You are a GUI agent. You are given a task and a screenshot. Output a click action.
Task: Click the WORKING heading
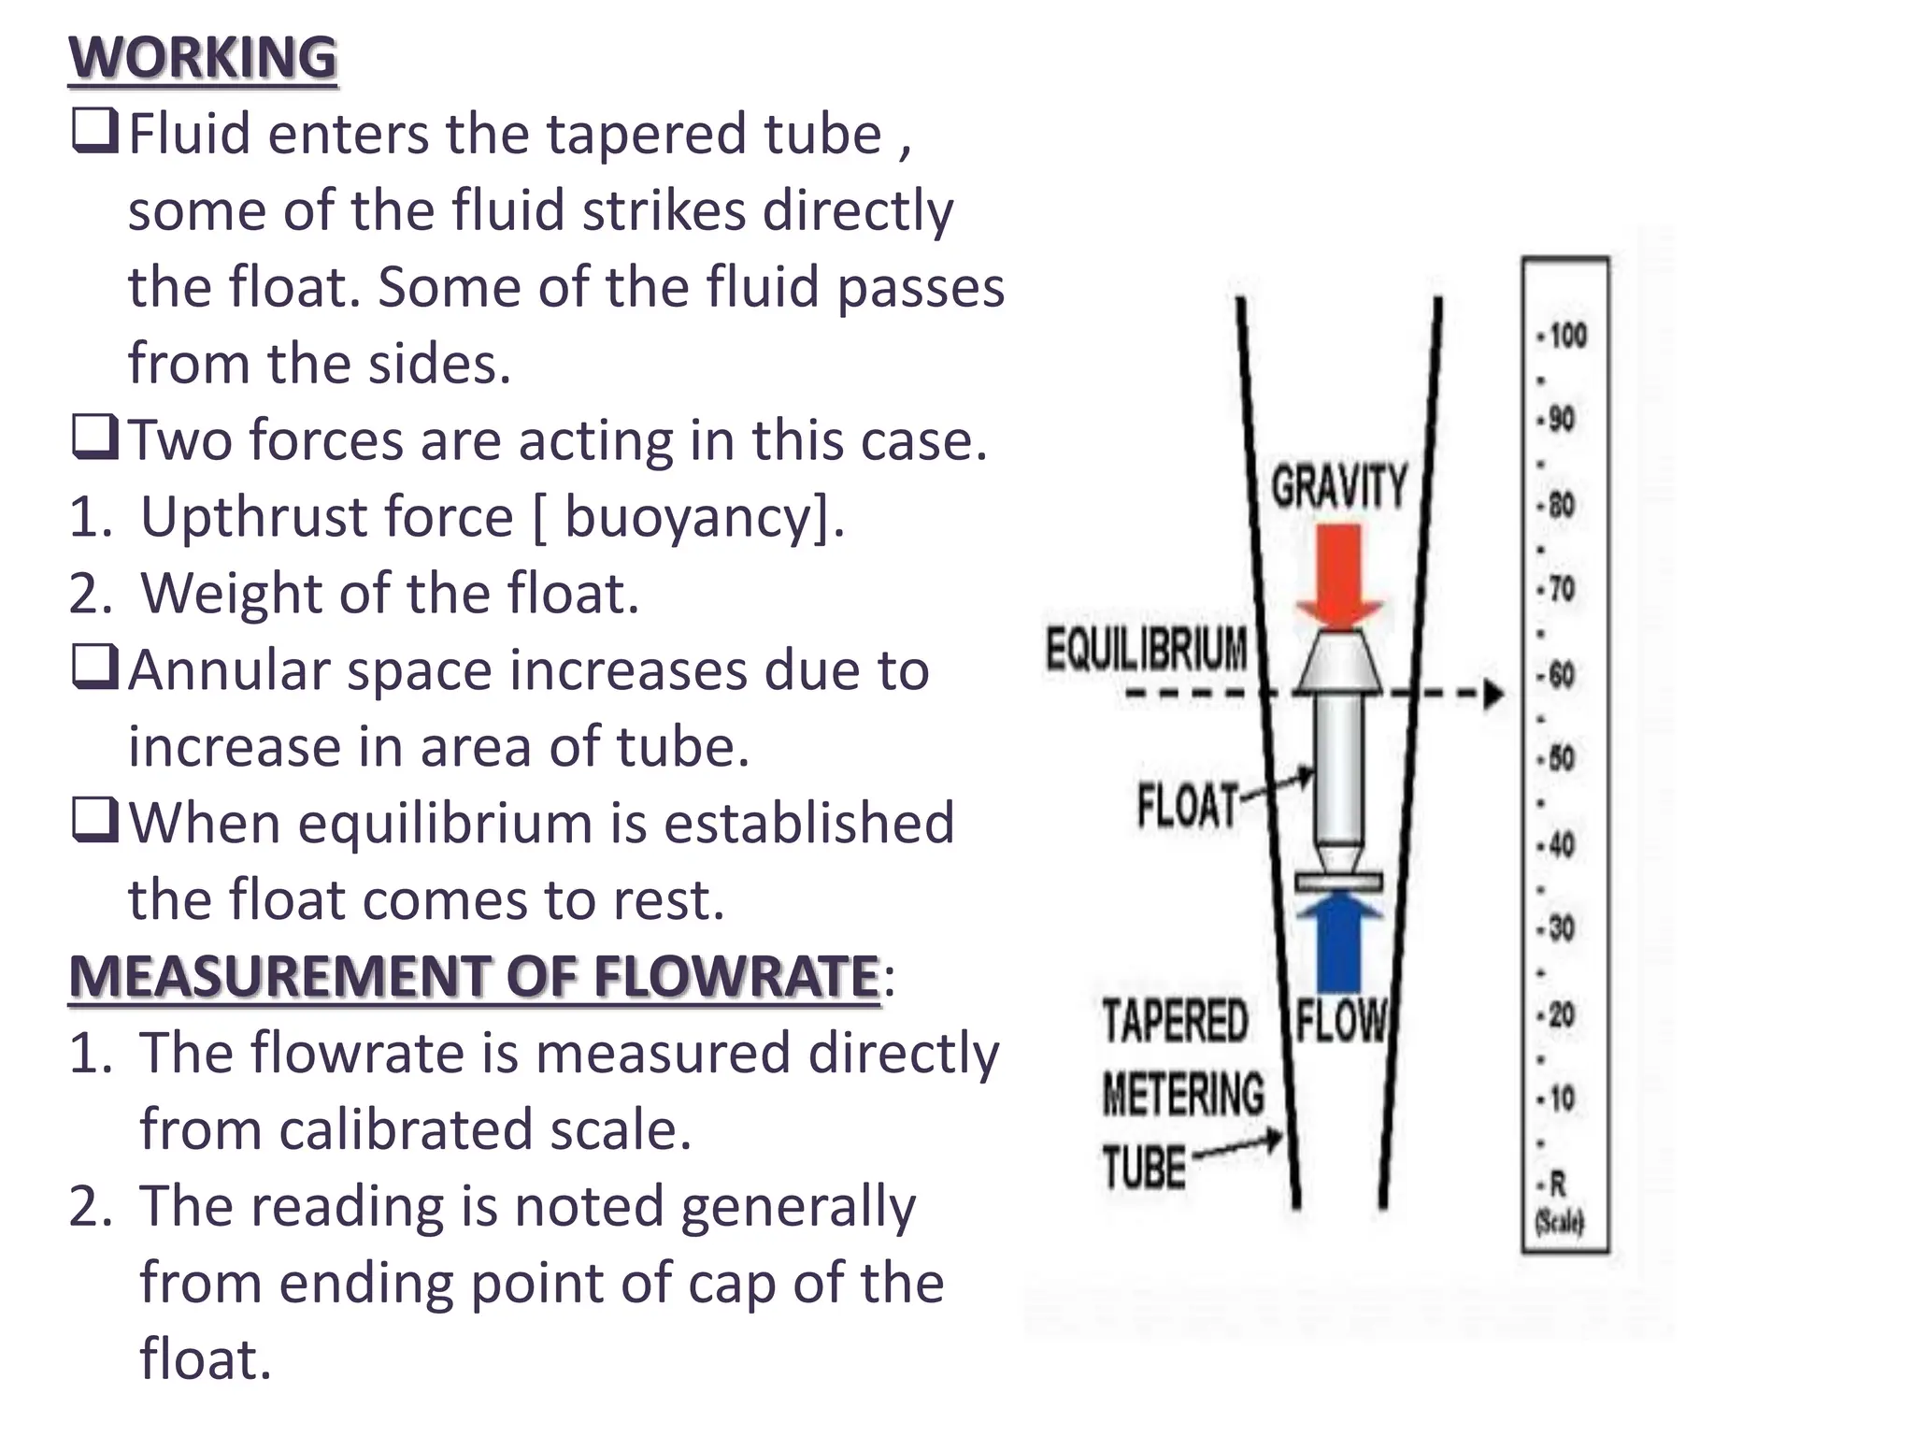click(202, 58)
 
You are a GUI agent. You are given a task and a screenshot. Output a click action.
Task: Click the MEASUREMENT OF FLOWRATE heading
click(474, 977)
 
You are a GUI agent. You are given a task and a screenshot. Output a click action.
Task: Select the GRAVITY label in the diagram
click(1338, 486)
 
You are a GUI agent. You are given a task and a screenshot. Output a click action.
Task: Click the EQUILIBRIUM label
click(1146, 649)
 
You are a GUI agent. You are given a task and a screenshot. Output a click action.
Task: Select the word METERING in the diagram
click(1182, 1095)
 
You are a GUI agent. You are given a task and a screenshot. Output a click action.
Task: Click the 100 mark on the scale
click(1566, 336)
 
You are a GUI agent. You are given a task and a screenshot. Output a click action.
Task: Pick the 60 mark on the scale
click(1561, 674)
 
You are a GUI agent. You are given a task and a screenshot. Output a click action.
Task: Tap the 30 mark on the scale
click(1561, 928)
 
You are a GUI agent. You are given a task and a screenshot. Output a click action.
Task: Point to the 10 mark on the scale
click(1561, 1099)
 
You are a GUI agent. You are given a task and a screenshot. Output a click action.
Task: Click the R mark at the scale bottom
click(1557, 1185)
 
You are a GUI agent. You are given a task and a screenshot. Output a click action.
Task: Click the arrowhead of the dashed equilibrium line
click(1494, 695)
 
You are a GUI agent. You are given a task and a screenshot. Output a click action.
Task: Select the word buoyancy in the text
click(695, 517)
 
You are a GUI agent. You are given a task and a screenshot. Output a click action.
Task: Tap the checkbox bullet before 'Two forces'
click(94, 438)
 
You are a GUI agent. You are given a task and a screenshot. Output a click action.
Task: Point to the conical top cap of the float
click(1338, 662)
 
